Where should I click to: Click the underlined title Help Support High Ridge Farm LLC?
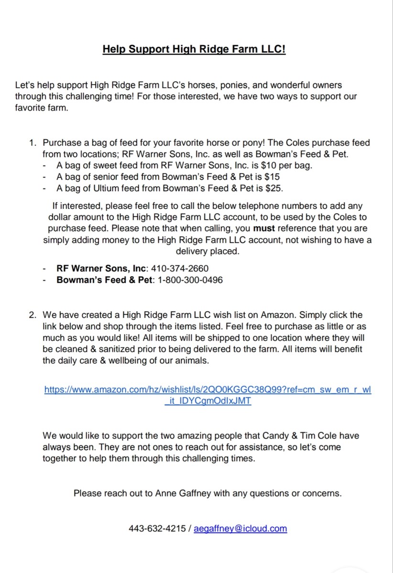[x=194, y=50]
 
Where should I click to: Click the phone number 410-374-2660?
[x=180, y=269]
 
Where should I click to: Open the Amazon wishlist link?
[x=207, y=389]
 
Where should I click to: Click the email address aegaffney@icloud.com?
[x=240, y=529]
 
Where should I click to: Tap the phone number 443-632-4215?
[x=157, y=529]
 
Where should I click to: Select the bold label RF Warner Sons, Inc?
[x=101, y=269]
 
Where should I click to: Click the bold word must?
[x=263, y=229]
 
